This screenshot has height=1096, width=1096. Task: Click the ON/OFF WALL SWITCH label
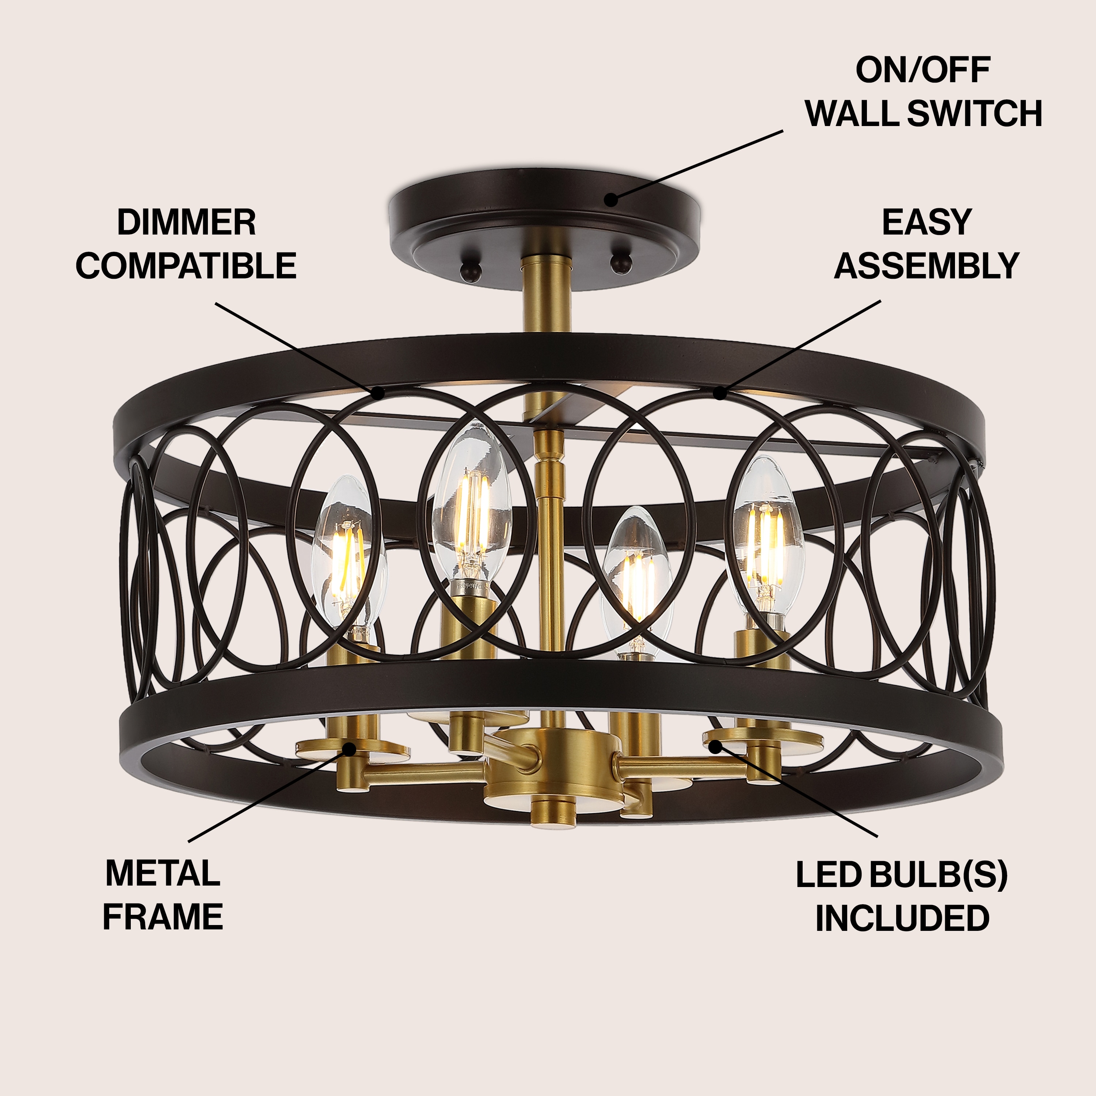(923, 92)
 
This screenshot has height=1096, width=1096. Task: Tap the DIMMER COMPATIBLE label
(186, 244)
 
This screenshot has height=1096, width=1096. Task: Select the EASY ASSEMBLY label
(926, 244)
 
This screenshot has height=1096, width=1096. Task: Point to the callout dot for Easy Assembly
(720, 393)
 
